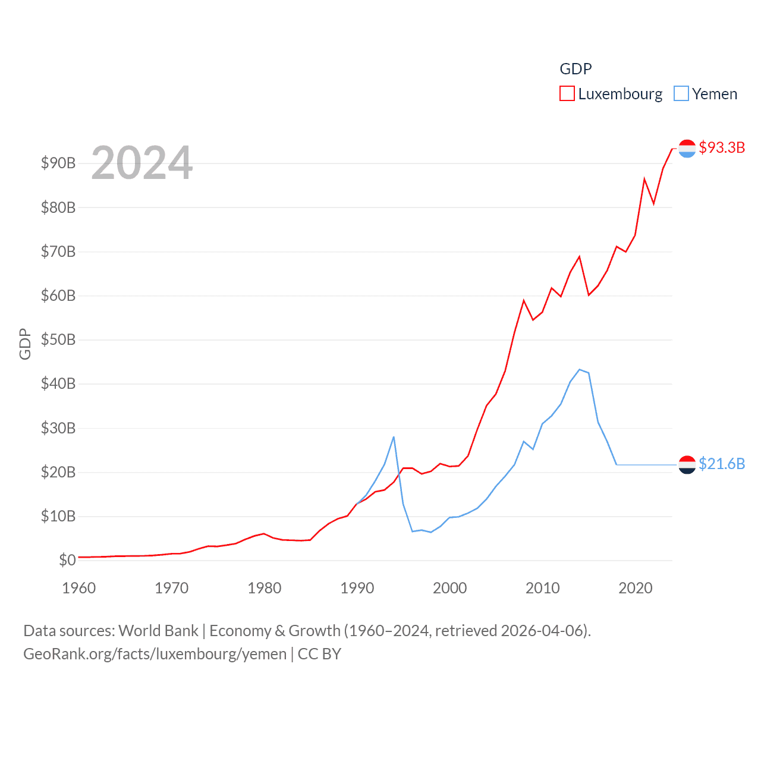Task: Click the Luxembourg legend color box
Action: (x=567, y=94)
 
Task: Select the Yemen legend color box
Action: (x=681, y=94)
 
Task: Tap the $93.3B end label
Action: (x=722, y=147)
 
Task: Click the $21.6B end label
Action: (x=722, y=464)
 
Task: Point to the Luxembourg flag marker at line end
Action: (x=687, y=149)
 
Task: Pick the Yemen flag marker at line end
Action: (x=687, y=464)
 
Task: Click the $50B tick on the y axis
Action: (x=58, y=339)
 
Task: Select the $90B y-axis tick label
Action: (x=58, y=163)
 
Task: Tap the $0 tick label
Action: (x=67, y=560)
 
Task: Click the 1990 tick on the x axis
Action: (x=357, y=588)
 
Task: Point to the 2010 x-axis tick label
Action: (x=542, y=588)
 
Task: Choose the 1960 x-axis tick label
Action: (x=78, y=588)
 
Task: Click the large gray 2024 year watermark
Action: (x=141, y=162)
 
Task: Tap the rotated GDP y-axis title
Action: (x=25, y=344)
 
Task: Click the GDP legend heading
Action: (x=576, y=69)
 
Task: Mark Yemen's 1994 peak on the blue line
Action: (x=394, y=437)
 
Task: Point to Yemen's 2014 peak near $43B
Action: (x=580, y=369)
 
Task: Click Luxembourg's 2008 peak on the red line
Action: (x=524, y=300)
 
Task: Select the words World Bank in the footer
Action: (x=158, y=630)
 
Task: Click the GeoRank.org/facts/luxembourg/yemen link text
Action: (x=155, y=654)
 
